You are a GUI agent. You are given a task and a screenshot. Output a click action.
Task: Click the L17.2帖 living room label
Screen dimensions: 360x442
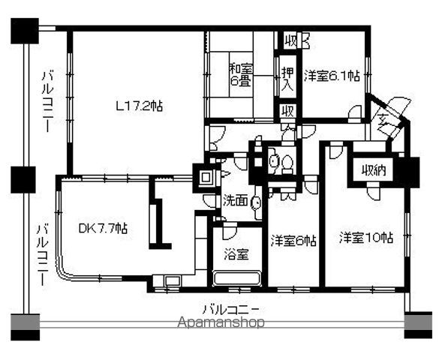click(139, 106)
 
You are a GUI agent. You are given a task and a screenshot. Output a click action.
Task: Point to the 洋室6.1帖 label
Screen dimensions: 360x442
click(331, 75)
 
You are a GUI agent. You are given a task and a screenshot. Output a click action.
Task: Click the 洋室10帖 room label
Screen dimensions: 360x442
click(365, 239)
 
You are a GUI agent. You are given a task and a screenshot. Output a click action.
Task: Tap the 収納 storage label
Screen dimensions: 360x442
click(371, 170)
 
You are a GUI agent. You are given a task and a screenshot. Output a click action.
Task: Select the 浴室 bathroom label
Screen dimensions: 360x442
click(236, 253)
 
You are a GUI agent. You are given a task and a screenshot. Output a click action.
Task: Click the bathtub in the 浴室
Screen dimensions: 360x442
click(236, 278)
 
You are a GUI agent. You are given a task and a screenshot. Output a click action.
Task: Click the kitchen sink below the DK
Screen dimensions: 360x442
click(170, 283)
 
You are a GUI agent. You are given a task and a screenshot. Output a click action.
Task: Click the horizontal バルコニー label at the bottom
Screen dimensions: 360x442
click(231, 308)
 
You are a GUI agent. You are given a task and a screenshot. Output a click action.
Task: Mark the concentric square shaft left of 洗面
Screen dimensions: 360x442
click(205, 178)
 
